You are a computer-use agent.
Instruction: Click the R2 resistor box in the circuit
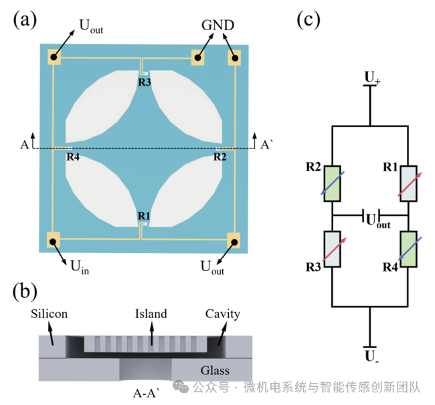[x=332, y=183]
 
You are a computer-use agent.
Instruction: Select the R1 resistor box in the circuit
[x=408, y=183]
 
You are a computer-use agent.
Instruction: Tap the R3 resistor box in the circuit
[x=332, y=249]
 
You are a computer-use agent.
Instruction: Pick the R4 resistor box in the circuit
[x=408, y=249]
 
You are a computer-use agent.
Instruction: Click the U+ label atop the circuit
[x=372, y=77]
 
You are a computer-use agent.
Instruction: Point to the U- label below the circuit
[x=371, y=356]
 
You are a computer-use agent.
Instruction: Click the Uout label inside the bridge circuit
[x=378, y=221]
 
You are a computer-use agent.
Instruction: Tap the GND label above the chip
[x=217, y=25]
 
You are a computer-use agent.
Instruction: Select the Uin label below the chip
[x=80, y=266]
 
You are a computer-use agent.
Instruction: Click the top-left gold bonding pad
[x=54, y=57]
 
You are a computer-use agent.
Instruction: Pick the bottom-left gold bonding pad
[x=54, y=240]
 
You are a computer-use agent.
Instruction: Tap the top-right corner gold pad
[x=234, y=58]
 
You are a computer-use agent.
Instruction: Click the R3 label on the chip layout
[x=145, y=82]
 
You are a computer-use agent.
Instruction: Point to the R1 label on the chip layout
[x=144, y=216]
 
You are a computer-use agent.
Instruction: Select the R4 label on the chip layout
[x=73, y=157]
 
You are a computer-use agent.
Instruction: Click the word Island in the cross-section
[x=151, y=314]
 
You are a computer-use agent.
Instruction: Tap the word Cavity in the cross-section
[x=222, y=314]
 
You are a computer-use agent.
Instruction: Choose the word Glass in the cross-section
[x=215, y=371]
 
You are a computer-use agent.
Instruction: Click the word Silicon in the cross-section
[x=49, y=314]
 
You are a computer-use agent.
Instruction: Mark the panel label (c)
[x=309, y=19]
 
